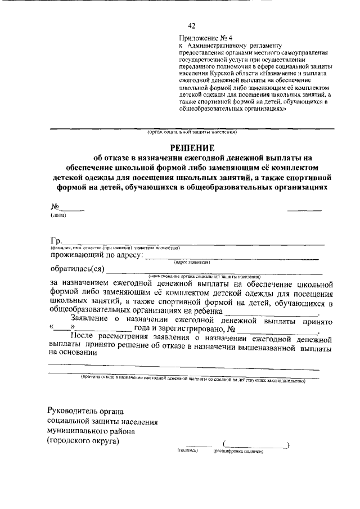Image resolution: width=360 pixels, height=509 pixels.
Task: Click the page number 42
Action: [191, 26]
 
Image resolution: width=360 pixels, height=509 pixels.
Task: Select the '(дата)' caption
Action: [58, 215]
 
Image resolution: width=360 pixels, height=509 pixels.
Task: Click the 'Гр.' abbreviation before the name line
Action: [55, 241]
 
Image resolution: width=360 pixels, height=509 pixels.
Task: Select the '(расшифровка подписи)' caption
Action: [238, 451]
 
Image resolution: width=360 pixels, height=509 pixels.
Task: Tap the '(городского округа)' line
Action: [84, 442]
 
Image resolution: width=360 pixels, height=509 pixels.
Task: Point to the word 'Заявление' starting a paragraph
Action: [94, 319]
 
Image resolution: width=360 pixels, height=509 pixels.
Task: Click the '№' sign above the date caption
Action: [55, 206]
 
